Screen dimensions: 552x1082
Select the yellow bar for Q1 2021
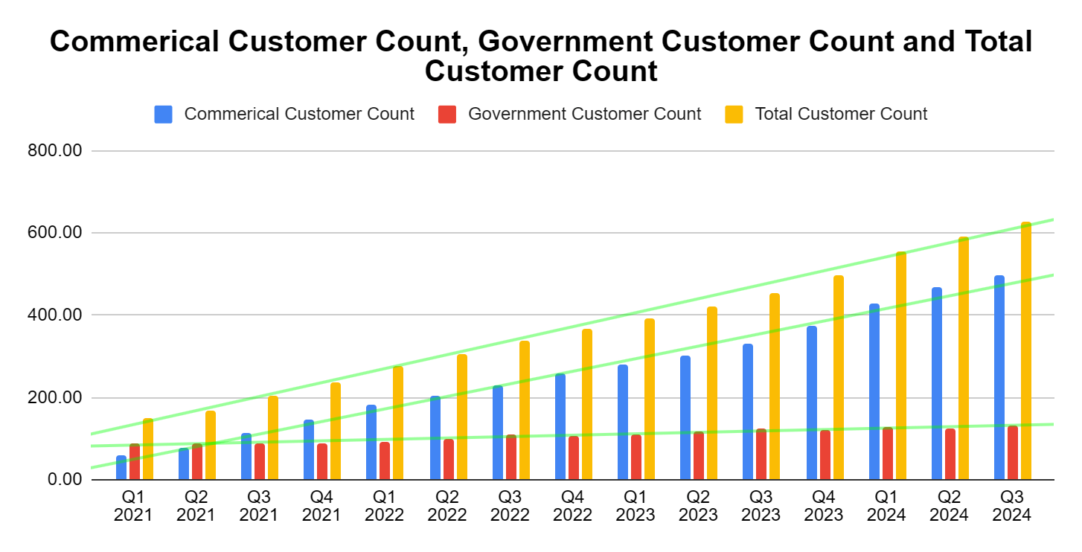pos(147,449)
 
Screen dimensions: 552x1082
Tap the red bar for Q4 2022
pos(573,458)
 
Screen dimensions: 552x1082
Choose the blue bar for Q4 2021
pos(308,450)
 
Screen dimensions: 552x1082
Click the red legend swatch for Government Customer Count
pos(446,115)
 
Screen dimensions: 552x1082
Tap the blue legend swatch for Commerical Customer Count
pos(164,115)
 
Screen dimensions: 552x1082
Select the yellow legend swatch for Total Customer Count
pos(734,115)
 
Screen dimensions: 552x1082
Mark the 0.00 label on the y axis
pos(65,480)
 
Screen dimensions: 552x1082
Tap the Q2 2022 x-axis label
pos(447,505)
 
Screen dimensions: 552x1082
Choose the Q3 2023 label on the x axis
pos(760,505)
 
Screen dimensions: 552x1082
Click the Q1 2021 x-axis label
pos(133,505)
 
